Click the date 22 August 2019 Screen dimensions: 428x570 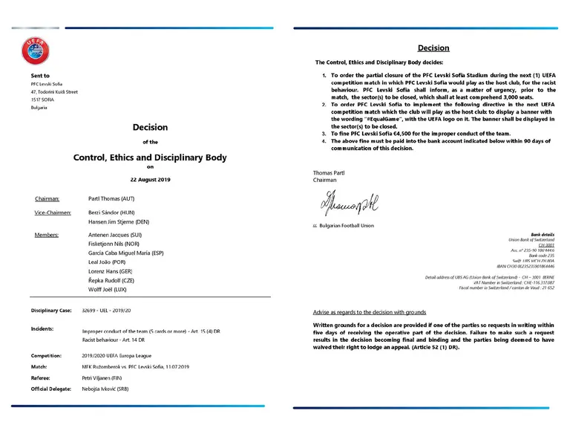(149, 180)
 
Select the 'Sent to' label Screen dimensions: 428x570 (41, 76)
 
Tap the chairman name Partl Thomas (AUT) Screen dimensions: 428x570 (111, 199)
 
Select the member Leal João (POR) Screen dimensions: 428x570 (108, 262)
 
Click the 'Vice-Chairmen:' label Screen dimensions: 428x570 (53, 213)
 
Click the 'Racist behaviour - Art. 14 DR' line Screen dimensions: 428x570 (119, 338)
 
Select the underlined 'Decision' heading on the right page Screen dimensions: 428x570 (433, 48)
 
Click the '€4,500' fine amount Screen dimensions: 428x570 (396, 134)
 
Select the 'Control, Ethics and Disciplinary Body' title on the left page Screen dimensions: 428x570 (149, 158)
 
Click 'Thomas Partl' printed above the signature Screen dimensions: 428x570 (330, 172)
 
